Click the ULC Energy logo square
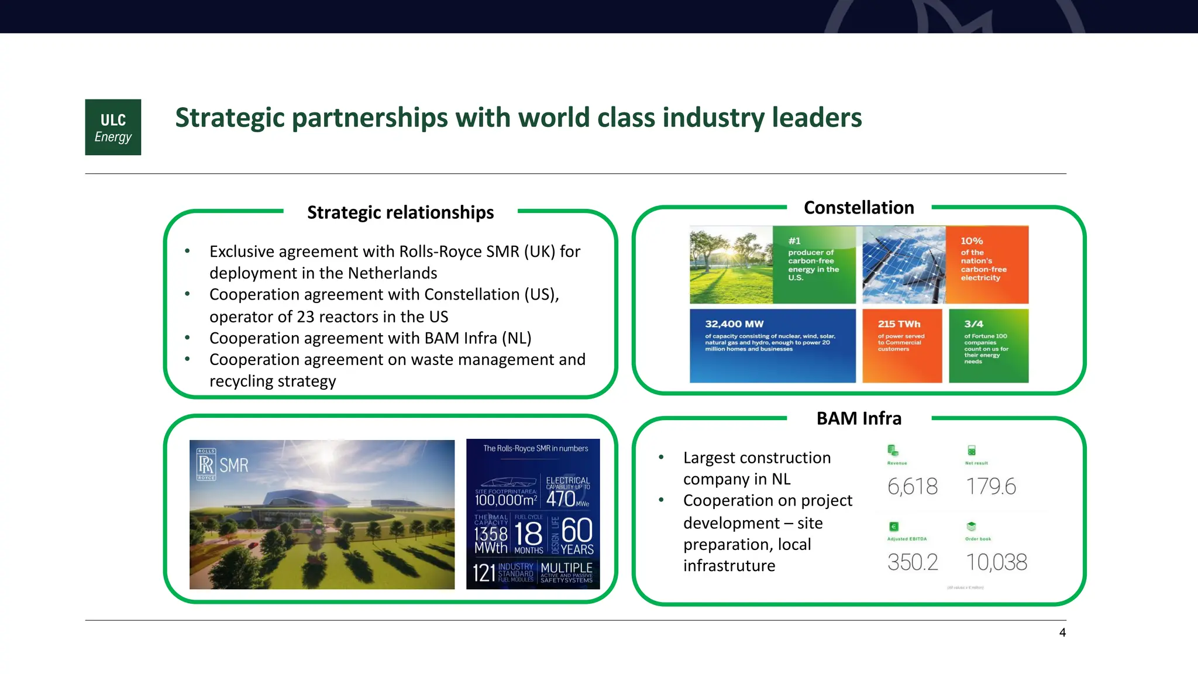(x=113, y=127)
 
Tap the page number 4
(x=1062, y=632)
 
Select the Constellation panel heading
(x=859, y=208)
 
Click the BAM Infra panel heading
(x=859, y=418)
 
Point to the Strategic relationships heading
(x=400, y=212)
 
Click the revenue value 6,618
(x=912, y=486)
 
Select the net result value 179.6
(x=991, y=486)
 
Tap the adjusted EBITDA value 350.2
(x=913, y=562)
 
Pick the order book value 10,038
(x=996, y=562)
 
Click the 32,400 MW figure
(x=734, y=324)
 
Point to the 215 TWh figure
(x=899, y=324)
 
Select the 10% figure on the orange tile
(x=972, y=241)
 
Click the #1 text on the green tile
(x=794, y=241)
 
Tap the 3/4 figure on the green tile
(x=974, y=324)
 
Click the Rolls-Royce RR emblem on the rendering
(x=206, y=465)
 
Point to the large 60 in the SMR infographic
(x=577, y=530)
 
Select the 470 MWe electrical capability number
(x=561, y=499)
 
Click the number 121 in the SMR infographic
(x=484, y=573)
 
